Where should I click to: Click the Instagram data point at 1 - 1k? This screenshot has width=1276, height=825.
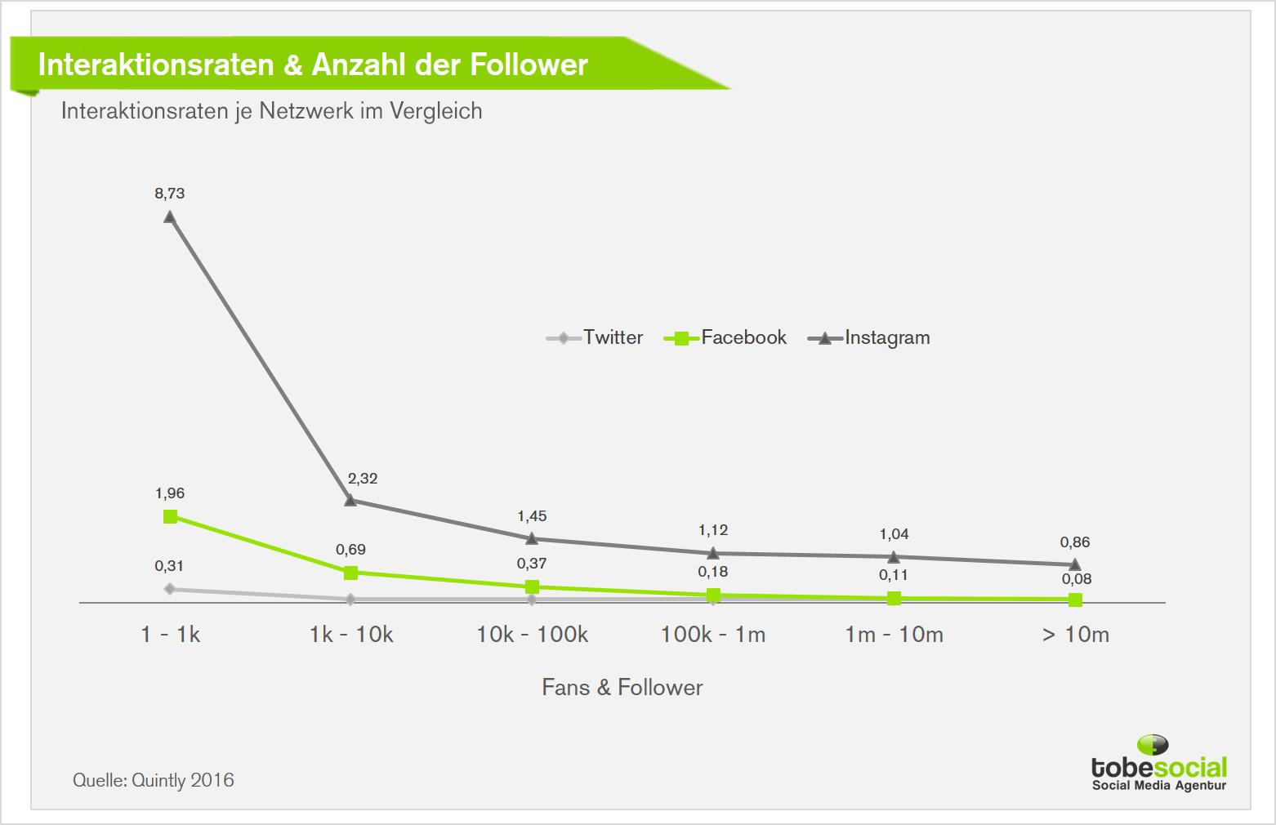(x=170, y=216)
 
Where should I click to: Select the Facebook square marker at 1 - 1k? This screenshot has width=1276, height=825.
(x=170, y=516)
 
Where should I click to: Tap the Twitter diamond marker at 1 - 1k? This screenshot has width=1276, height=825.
(x=170, y=589)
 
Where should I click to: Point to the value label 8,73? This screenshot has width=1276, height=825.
(x=170, y=194)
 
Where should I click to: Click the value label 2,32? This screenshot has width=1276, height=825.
(x=363, y=479)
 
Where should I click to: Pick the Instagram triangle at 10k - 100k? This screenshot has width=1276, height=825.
(x=532, y=538)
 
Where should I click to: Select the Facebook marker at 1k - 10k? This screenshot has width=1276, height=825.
(x=350, y=573)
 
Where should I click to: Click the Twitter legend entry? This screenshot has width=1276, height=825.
(x=596, y=337)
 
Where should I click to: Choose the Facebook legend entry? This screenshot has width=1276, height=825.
(x=726, y=337)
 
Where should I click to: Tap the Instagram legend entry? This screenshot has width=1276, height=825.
(x=869, y=337)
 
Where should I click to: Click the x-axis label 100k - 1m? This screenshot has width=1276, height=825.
(x=713, y=635)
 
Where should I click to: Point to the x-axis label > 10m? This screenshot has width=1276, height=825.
(x=1076, y=635)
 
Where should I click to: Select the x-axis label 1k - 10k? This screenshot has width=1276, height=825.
(x=351, y=635)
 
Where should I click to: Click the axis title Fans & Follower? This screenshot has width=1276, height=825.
(x=622, y=688)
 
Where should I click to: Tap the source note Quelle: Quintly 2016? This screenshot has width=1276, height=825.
(x=154, y=780)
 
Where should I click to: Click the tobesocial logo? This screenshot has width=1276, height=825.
(x=1159, y=764)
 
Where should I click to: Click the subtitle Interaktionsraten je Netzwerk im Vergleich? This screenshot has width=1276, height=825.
(x=272, y=111)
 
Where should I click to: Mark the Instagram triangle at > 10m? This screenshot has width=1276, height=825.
(x=1075, y=564)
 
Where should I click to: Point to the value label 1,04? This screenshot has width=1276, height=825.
(x=894, y=534)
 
